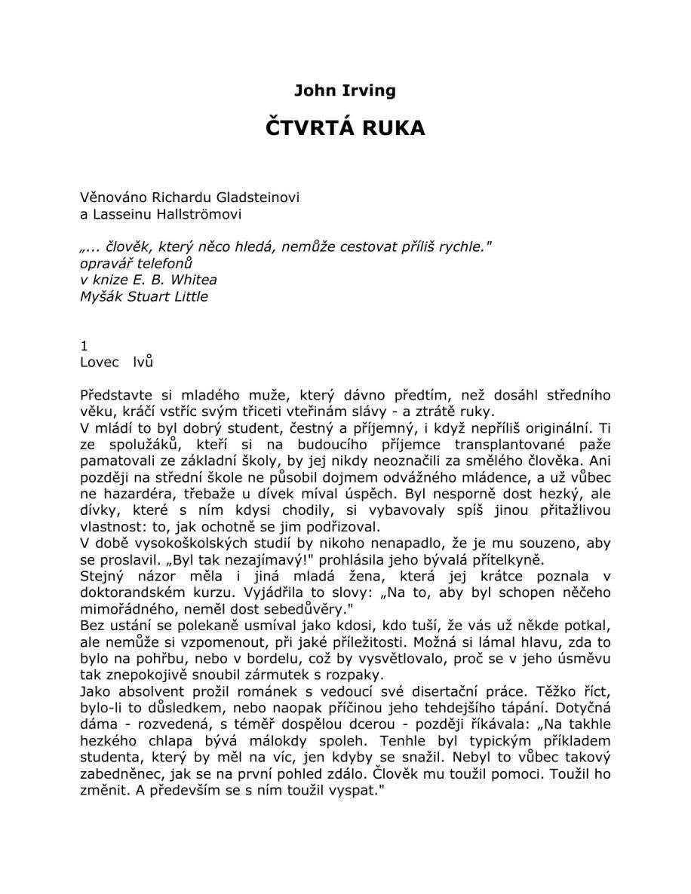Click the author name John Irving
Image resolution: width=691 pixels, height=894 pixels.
click(x=345, y=91)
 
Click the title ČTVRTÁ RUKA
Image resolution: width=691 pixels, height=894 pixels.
click(x=345, y=128)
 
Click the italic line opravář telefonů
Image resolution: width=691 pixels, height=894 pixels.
click(x=136, y=264)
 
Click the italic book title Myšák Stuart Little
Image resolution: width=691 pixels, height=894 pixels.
click(x=143, y=296)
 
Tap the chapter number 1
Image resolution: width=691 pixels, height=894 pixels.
click(x=84, y=346)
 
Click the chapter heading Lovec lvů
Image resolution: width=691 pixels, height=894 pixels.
click(x=116, y=363)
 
